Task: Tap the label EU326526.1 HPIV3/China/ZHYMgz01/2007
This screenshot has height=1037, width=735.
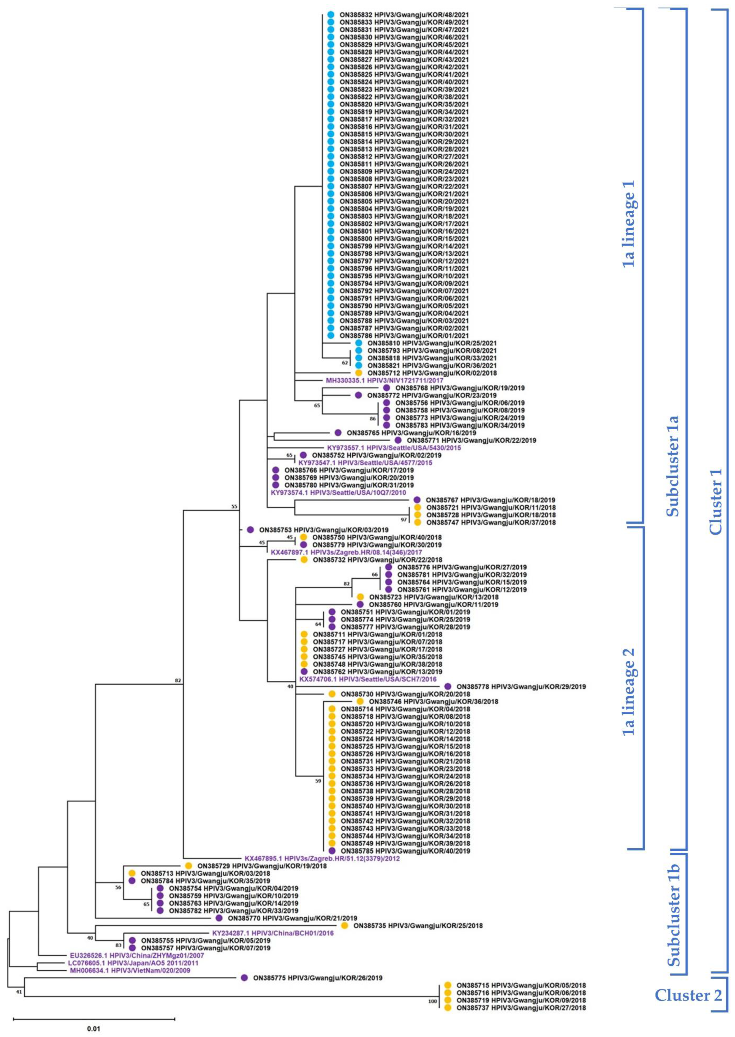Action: pyautogui.click(x=137, y=955)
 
